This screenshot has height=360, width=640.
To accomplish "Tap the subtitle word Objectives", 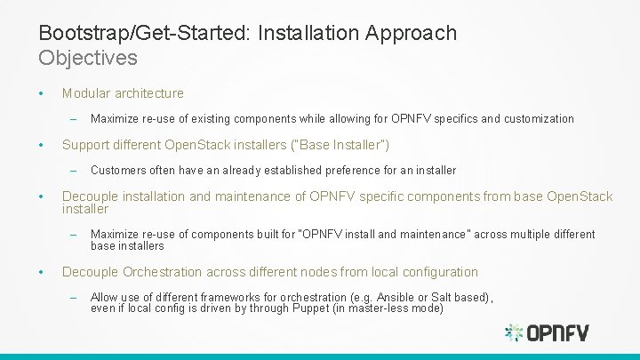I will coord(88,58).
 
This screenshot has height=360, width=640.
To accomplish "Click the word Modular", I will coord(86,92).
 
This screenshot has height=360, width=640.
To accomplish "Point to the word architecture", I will coord(149,92).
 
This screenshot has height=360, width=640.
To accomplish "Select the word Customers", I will coord(119,170).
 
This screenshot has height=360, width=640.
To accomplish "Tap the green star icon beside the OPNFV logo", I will coord(514,333).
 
